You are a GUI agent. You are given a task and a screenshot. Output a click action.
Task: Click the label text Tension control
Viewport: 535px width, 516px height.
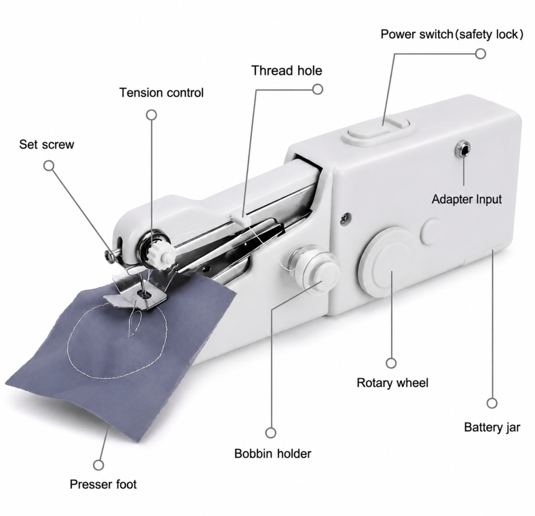pyautogui.click(x=161, y=93)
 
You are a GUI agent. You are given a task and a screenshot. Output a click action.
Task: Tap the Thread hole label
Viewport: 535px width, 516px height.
pyautogui.click(x=287, y=71)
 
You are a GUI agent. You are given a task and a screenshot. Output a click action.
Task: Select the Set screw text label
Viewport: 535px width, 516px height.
pyautogui.click(x=46, y=144)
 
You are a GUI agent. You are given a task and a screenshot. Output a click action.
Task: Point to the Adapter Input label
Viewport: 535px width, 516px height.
pyautogui.click(x=467, y=199)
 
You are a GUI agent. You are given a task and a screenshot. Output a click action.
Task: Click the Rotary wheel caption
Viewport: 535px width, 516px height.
pyautogui.click(x=392, y=383)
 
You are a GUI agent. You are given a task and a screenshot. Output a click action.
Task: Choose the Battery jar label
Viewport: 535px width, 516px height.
pyautogui.click(x=492, y=427)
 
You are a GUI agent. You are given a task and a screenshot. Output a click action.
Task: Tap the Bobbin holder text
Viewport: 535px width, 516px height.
pyautogui.click(x=273, y=453)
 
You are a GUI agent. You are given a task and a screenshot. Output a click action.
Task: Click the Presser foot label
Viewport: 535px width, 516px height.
pyautogui.click(x=103, y=484)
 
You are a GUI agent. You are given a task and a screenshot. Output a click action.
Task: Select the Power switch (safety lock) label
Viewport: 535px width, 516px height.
pyautogui.click(x=452, y=34)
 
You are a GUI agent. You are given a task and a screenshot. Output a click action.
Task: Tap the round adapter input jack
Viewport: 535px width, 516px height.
pyautogui.click(x=463, y=149)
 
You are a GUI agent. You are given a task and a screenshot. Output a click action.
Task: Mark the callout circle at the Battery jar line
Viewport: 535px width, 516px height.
pyautogui.click(x=492, y=403)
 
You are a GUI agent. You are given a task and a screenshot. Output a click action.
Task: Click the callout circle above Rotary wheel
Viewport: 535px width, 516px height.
pyautogui.click(x=391, y=363)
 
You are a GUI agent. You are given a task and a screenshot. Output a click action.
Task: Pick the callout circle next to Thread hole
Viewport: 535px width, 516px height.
pyautogui.click(x=318, y=89)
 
